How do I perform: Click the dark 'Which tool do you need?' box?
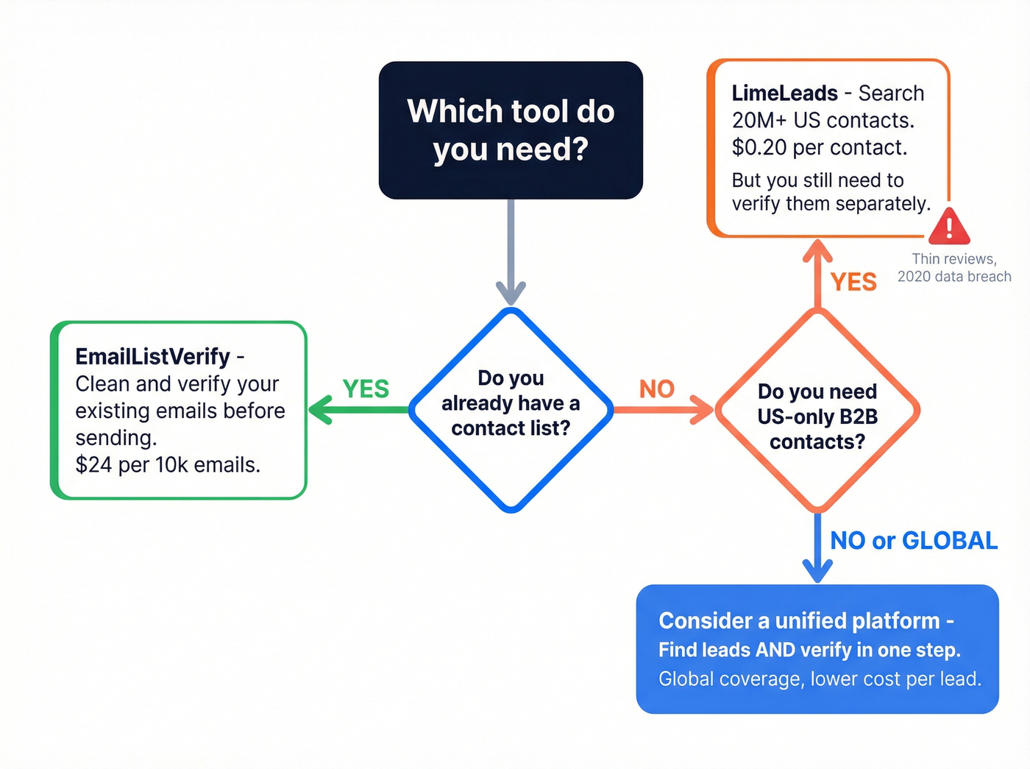tap(511, 130)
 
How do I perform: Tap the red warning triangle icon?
tap(949, 227)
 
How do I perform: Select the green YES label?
tap(366, 389)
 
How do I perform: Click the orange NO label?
tap(656, 389)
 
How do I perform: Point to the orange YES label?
tap(853, 282)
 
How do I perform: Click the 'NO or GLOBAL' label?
tap(913, 541)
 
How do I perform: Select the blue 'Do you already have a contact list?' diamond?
tap(511, 410)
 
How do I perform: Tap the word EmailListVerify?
tap(152, 357)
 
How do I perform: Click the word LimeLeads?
tap(784, 93)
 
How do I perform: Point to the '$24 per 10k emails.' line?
tap(168, 465)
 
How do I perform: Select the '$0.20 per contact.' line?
tap(819, 148)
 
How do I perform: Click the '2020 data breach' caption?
tap(953, 277)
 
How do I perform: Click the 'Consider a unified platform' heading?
tap(806, 621)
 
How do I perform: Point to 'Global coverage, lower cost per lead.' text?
tap(820, 679)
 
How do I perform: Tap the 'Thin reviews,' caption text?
tap(953, 259)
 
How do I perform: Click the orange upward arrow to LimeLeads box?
tap(817, 272)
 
